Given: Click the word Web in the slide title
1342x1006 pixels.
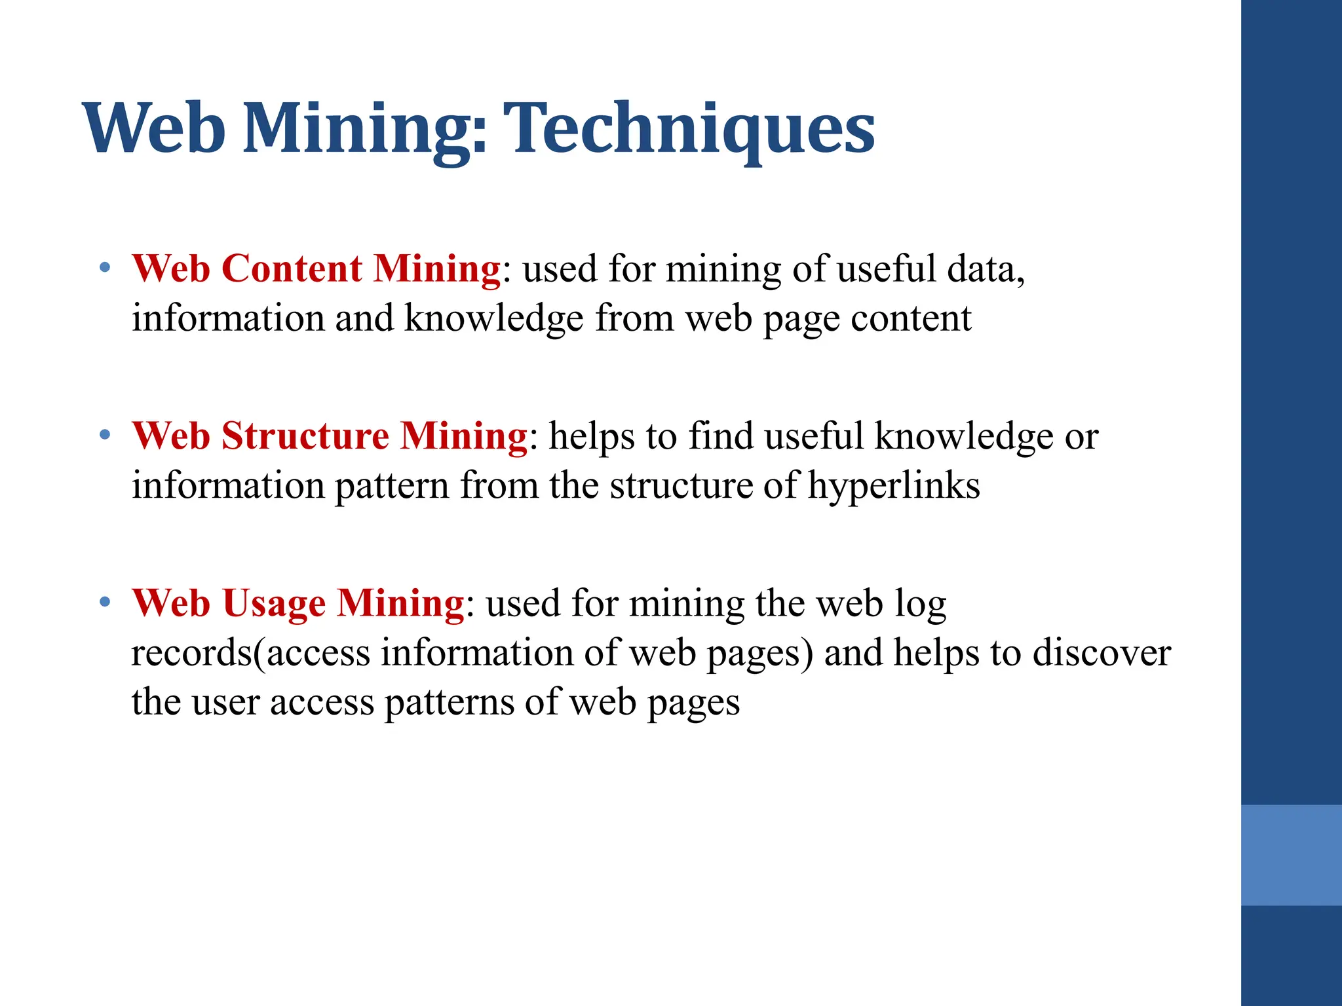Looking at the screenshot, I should point(155,128).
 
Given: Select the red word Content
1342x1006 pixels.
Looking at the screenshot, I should point(292,269).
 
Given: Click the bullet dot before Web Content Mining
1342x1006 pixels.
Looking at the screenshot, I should point(105,267).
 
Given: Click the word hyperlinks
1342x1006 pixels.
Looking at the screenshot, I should point(893,486).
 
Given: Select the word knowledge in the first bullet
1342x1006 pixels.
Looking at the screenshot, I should point(493,319).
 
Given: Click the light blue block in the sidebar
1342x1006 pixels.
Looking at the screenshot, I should point(1291,855).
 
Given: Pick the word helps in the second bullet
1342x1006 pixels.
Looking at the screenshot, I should point(592,436).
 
